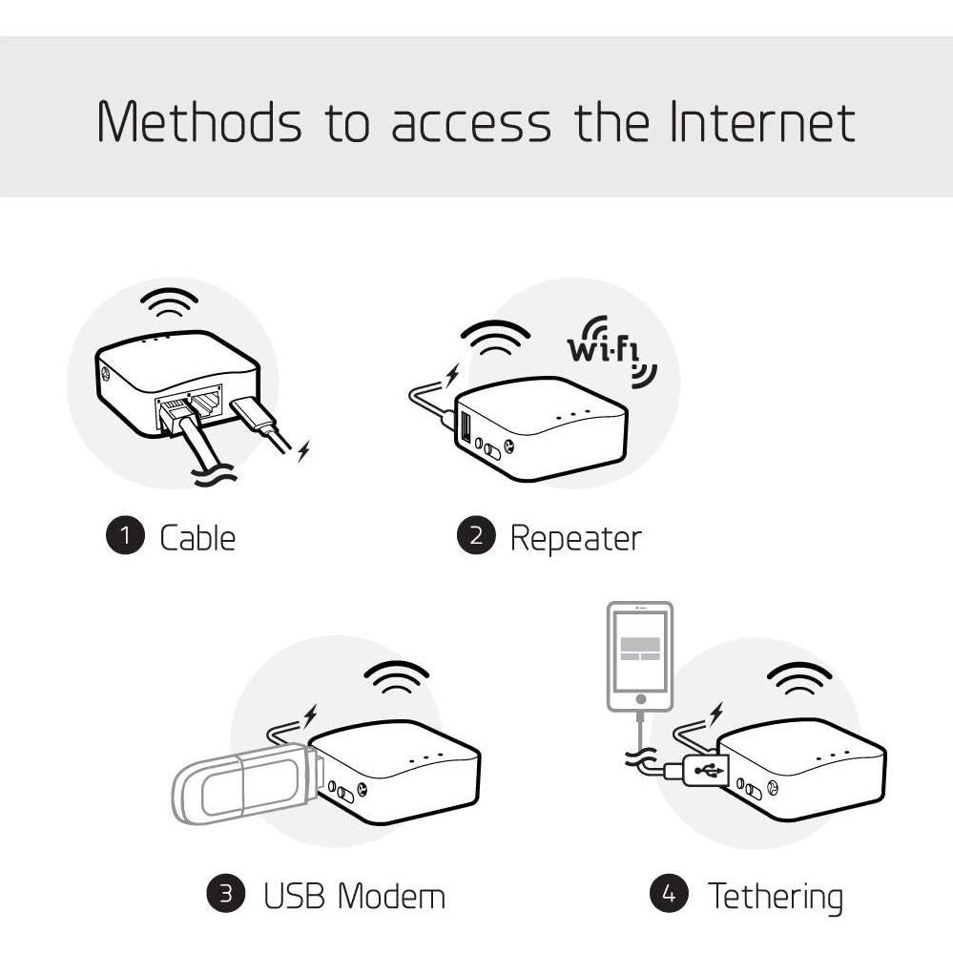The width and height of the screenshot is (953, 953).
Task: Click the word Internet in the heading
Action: (760, 121)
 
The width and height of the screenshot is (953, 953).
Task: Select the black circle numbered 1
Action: (123, 536)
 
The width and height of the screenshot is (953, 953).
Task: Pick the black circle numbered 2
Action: (476, 536)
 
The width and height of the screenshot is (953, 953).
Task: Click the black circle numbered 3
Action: (225, 894)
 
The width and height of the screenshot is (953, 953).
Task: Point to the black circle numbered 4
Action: (669, 894)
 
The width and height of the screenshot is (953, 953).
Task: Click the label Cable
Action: (197, 537)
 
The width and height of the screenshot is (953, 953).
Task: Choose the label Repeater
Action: (575, 537)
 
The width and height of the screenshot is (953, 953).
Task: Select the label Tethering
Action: (775, 896)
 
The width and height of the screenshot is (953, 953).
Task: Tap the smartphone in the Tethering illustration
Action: (640, 656)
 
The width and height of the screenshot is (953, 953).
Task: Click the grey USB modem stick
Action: (243, 783)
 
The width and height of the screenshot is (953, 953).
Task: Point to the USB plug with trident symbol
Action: (707, 769)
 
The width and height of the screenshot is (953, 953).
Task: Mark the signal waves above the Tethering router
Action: (799, 680)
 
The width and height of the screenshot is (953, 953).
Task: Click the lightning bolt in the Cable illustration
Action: (303, 450)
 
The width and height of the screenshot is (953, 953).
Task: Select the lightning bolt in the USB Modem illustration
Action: (310, 715)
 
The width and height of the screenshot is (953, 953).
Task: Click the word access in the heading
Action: (470, 121)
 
